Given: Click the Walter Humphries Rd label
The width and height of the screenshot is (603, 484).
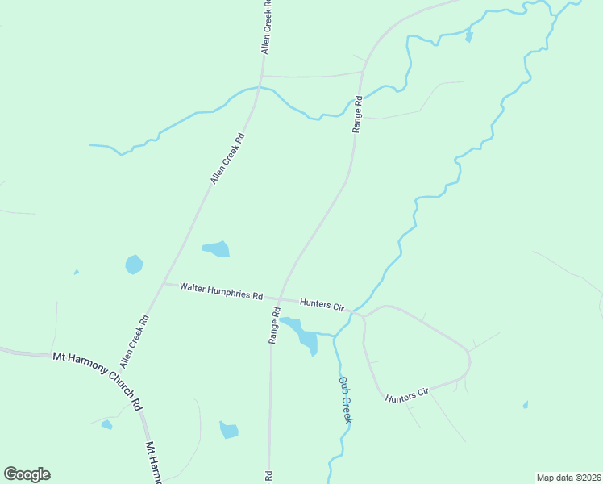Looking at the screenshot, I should point(222,291).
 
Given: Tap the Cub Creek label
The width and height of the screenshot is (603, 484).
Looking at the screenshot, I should point(345,400).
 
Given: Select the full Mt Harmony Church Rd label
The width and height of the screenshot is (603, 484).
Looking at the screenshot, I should point(97,379).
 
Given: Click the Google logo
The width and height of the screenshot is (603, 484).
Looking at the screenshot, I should point(27,474).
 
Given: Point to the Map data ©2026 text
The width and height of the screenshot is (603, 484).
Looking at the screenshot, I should point(569,478).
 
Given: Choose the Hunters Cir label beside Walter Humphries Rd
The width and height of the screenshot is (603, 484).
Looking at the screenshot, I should point(322,305).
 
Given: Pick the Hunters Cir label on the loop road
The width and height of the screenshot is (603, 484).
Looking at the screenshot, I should point(406,394).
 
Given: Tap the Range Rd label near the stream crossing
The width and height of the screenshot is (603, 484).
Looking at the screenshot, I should point(356,115).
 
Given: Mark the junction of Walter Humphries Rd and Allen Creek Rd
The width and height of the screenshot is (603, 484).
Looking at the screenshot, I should point(164,284).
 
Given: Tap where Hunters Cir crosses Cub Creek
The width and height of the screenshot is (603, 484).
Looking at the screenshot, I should point(353,311).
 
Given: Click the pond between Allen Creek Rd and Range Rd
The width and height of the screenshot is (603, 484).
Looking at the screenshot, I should point(216,248).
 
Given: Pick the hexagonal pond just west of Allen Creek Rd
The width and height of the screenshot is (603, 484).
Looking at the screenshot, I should point(134,264).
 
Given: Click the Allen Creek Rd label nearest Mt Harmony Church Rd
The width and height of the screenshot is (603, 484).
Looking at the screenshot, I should point(134,342).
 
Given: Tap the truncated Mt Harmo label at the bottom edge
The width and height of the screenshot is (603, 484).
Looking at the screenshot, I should point(154,462).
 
